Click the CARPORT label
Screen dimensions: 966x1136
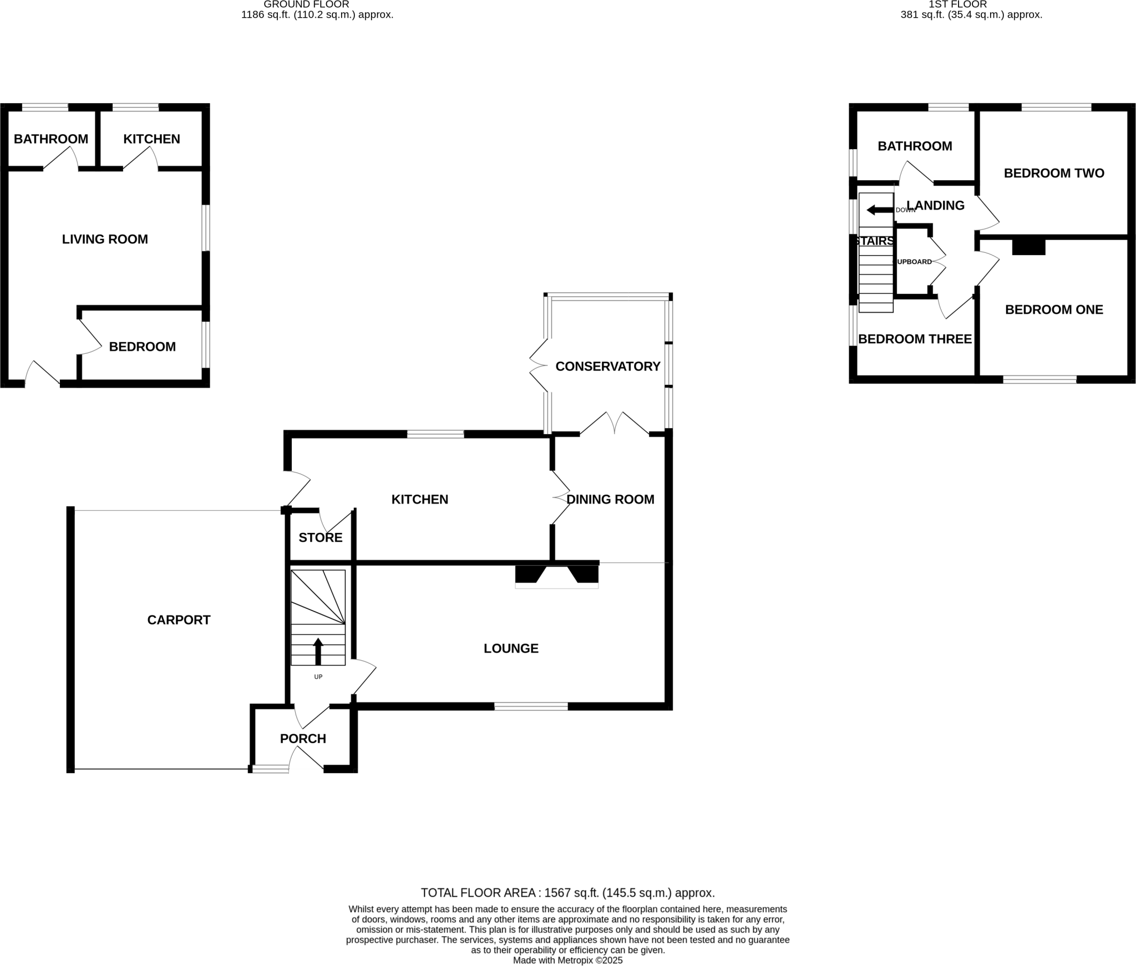point(179,620)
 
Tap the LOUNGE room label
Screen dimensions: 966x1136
point(511,648)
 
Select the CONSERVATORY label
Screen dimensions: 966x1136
point(607,367)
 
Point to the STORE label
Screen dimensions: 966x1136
point(320,537)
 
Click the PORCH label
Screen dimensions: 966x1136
point(303,739)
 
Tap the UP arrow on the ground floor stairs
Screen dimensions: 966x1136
point(318,651)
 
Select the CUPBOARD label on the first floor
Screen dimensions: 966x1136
point(912,262)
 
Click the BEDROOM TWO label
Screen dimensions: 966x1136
point(1053,174)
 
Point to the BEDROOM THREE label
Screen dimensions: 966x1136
point(915,339)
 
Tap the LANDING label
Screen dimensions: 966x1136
point(936,206)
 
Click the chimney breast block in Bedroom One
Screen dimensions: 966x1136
point(1028,246)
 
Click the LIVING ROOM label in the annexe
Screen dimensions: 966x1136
point(105,240)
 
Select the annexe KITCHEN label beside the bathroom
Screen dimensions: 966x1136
point(151,139)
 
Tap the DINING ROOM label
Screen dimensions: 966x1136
point(610,499)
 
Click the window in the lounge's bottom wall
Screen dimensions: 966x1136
point(531,706)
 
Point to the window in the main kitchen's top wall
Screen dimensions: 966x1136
point(435,434)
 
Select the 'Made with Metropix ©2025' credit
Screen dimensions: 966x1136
point(567,960)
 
